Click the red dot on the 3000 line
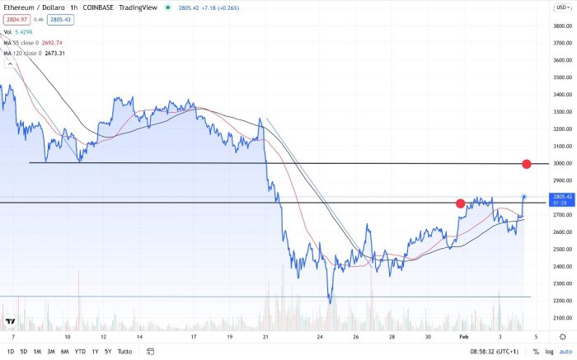point(527,164)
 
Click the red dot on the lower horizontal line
point(460,203)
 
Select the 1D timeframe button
point(10,352)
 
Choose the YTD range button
point(80,352)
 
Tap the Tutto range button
point(124,352)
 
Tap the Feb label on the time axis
point(464,338)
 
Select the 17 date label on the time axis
point(193,338)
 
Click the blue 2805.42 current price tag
point(563,197)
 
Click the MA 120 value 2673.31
point(55,53)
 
